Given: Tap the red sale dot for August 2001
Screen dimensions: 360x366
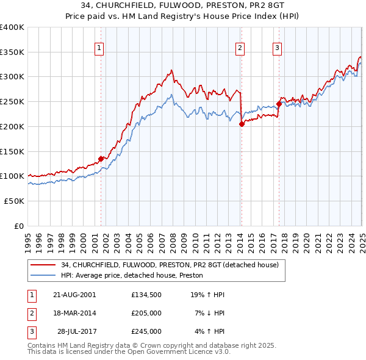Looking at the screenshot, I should (101, 159).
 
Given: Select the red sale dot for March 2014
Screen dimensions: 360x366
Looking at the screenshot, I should (242, 124).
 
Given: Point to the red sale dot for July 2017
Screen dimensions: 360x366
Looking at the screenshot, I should (279, 104).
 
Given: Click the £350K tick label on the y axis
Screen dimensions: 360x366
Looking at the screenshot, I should (12, 52).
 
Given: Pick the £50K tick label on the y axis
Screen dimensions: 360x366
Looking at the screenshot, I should (14, 201).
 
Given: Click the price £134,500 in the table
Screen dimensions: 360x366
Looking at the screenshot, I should (146, 294).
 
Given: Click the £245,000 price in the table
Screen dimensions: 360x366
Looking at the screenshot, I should (146, 331).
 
